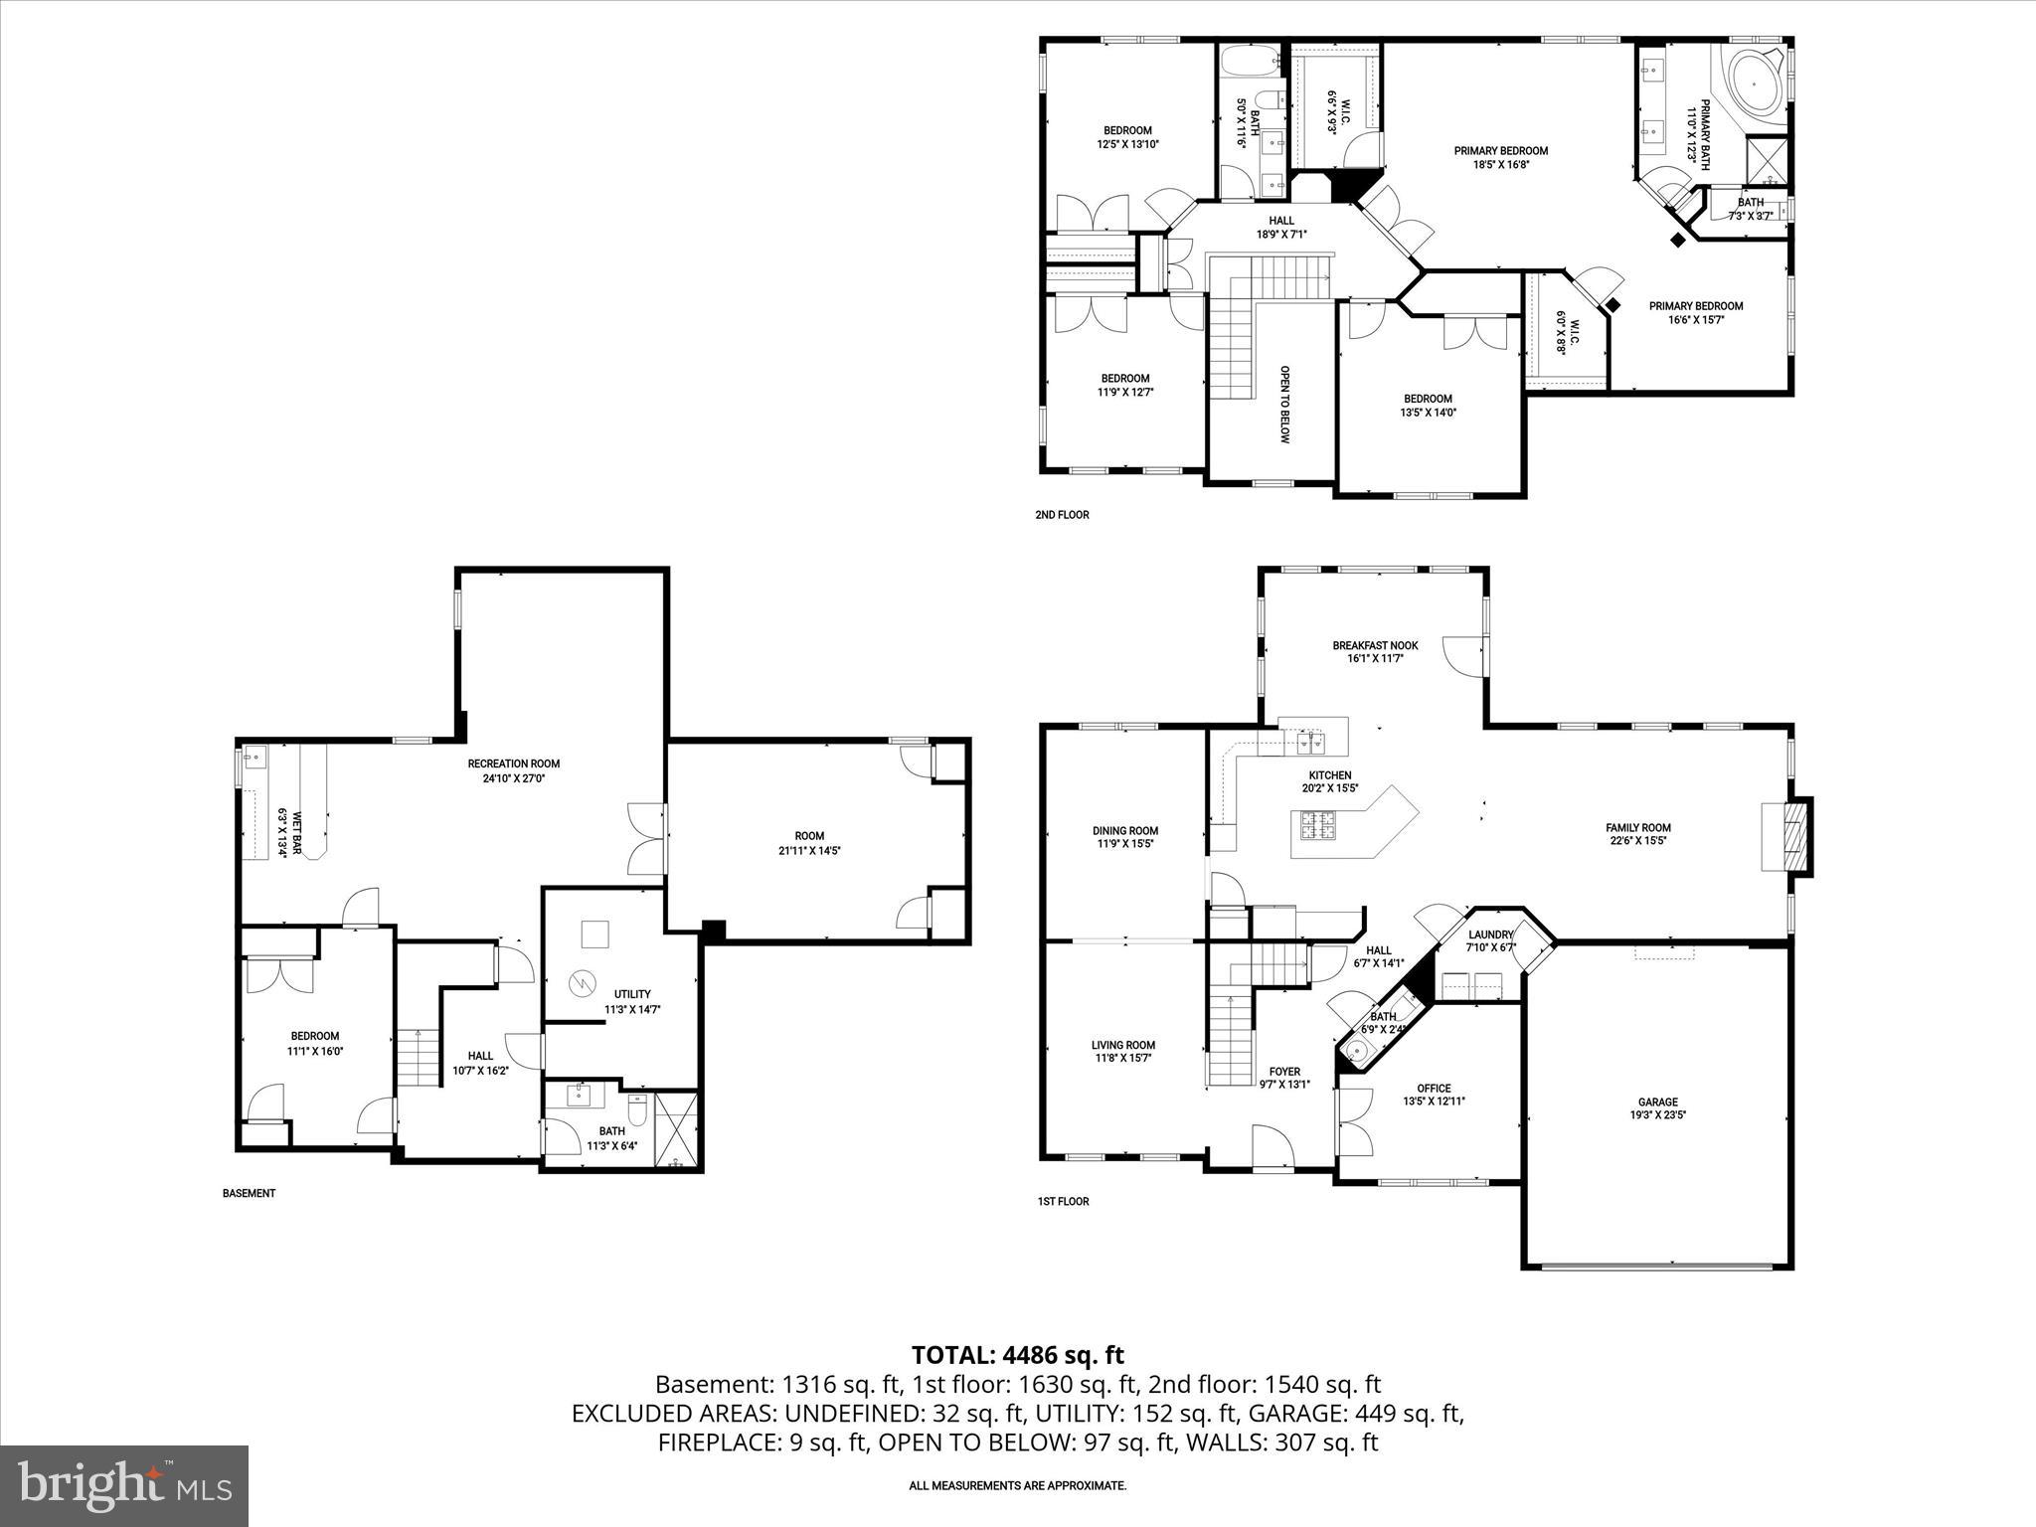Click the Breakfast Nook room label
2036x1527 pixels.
(1375, 645)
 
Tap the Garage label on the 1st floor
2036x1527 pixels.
(1657, 1102)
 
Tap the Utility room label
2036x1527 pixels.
(632, 994)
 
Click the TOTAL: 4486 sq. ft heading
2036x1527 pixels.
(1017, 1354)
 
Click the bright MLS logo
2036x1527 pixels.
(124, 1485)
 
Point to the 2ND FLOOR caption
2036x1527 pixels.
(1062, 515)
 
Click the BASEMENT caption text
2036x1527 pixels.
(249, 1193)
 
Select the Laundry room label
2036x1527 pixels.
(1489, 934)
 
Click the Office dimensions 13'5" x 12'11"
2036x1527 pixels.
(1434, 1101)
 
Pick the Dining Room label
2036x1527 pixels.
(1125, 830)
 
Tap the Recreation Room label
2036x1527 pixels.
(513, 763)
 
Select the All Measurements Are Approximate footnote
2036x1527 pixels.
(1017, 1485)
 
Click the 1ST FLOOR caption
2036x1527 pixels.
(1063, 1201)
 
